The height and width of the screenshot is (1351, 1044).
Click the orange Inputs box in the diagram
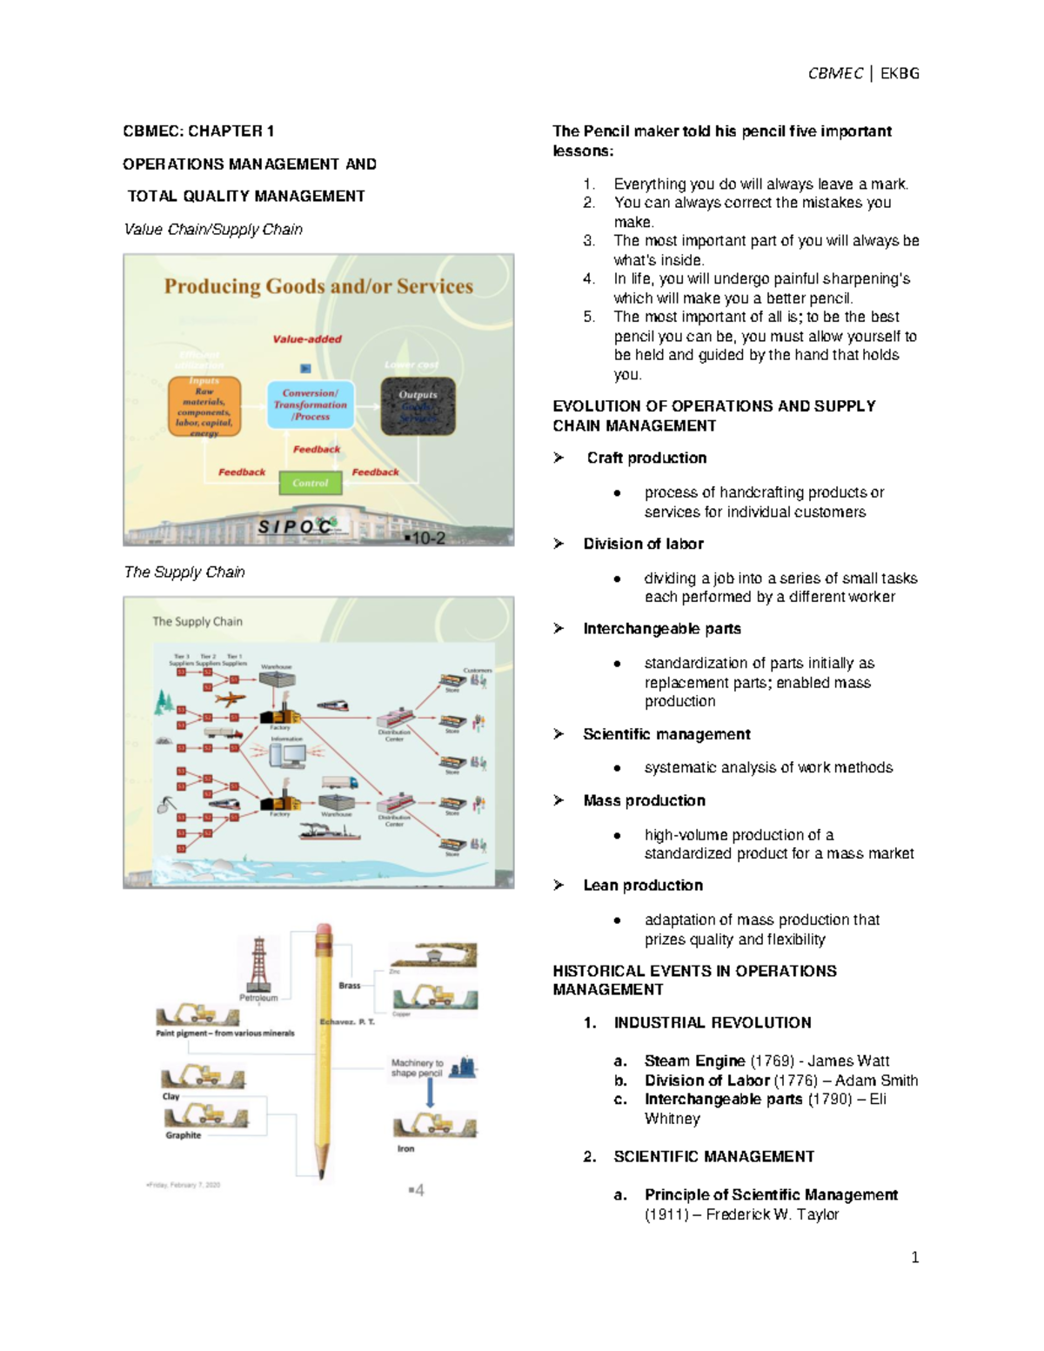pos(204,406)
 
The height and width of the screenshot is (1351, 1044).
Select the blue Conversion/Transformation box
pos(311,405)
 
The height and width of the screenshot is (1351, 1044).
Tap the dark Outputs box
pos(418,406)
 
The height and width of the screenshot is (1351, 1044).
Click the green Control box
pos(311,483)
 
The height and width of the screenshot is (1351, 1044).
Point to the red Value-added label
pos(307,339)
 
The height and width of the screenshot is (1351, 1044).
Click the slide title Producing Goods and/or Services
pos(318,286)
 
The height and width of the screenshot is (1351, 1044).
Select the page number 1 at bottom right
pos(914,1257)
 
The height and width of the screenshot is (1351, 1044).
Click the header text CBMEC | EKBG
pos(863,74)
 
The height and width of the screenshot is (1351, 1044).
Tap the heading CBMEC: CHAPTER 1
pos(198,131)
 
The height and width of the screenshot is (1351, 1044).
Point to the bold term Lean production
pos(643,886)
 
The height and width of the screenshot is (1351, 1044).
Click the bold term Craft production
pos(646,458)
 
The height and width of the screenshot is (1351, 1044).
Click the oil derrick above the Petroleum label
pos(258,964)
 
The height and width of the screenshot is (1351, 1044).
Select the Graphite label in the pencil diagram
pos(184,1135)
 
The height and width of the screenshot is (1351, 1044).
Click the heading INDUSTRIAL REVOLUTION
pos(713,1023)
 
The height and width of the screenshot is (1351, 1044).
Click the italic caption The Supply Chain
pos(184,572)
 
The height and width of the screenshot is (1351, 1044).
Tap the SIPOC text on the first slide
pos(297,526)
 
